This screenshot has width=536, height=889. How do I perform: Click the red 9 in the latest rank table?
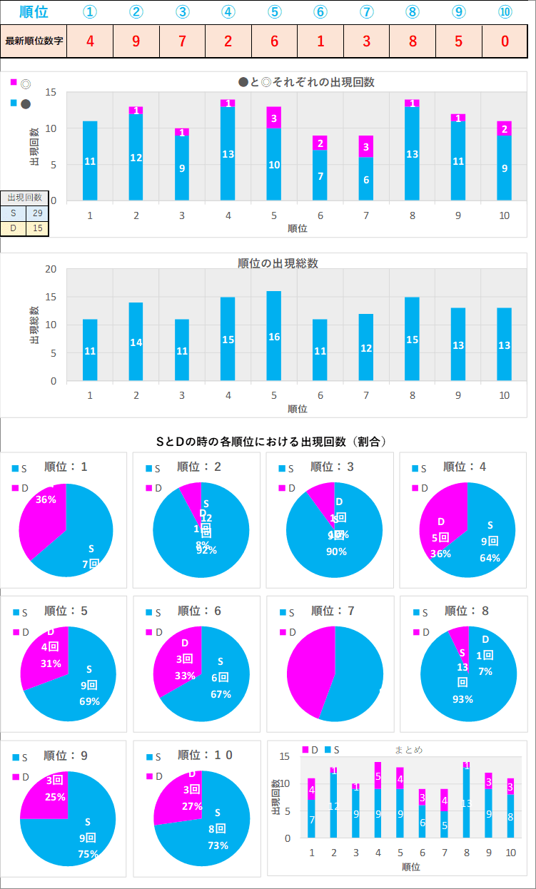point(136,41)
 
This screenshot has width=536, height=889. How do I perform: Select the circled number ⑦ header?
point(366,12)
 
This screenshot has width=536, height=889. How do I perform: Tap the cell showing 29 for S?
point(37,213)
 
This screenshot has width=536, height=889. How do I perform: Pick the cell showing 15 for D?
point(37,228)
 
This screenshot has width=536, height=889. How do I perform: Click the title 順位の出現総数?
point(278,263)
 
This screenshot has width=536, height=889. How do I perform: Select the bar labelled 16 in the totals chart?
point(274,335)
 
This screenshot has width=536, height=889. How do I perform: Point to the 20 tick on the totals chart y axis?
point(51,269)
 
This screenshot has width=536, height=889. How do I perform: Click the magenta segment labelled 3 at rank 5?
point(274,118)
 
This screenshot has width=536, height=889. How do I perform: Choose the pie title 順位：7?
point(334,611)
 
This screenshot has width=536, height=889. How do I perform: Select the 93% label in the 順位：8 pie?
point(462,699)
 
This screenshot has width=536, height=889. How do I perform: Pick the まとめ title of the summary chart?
point(408,750)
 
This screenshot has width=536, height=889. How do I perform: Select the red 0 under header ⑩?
point(505,41)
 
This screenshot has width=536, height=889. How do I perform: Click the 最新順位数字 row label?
point(34,41)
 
